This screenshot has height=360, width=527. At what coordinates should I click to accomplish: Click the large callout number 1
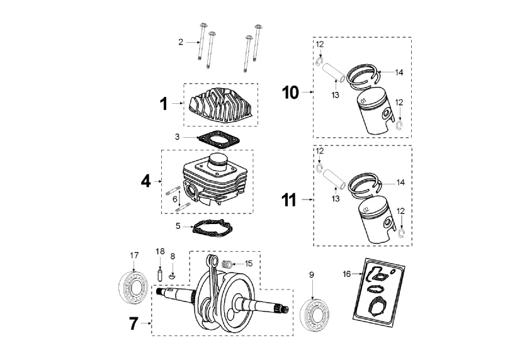point(164,104)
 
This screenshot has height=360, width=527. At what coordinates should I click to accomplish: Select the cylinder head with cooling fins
point(221,104)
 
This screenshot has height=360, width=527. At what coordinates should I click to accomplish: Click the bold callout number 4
point(146,181)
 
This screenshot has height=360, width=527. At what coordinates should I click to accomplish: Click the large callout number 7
point(133,323)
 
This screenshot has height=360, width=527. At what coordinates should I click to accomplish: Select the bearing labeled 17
point(133,288)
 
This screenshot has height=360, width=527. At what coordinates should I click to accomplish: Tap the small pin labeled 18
point(160,274)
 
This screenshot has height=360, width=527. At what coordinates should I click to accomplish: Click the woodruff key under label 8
point(172,276)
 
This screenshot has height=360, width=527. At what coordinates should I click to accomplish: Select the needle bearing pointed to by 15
point(227,264)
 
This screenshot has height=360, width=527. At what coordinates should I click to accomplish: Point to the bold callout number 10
point(290,93)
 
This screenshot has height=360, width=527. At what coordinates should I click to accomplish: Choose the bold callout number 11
point(289,200)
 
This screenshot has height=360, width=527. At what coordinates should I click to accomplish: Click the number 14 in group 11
point(400,183)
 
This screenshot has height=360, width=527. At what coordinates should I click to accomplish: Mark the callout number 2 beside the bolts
point(181,42)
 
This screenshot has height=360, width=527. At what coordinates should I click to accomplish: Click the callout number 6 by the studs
point(175,199)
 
